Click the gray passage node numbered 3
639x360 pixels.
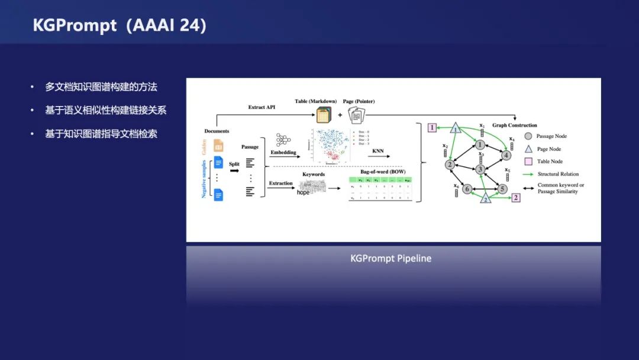click(480, 169)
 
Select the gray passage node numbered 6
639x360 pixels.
click(467, 189)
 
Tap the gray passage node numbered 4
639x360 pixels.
click(506, 155)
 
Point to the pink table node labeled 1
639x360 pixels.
click(433, 127)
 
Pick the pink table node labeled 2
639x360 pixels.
click(516, 198)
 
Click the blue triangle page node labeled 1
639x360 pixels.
click(455, 128)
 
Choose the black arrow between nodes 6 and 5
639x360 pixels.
click(485, 189)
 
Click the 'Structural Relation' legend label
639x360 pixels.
click(558, 174)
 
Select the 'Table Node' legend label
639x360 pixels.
click(550, 161)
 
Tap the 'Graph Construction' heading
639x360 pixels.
click(515, 125)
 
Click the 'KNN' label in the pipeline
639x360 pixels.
click(378, 151)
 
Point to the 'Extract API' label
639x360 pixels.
click(262, 107)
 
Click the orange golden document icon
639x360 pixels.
click(218, 145)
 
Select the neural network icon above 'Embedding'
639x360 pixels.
click(283, 140)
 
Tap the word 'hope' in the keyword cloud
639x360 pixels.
click(303, 192)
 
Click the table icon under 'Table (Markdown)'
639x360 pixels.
click(324, 114)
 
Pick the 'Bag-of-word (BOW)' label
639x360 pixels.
click(383, 172)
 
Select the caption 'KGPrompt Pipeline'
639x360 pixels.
click(390, 259)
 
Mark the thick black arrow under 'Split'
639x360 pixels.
click(234, 171)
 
